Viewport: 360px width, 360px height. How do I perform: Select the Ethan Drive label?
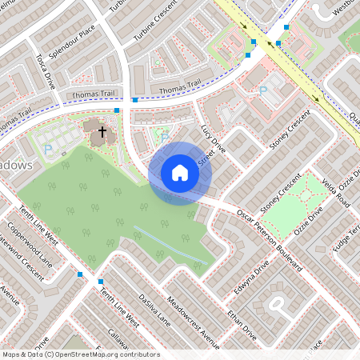click(241, 319)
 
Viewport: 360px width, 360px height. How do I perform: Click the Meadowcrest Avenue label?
click(192, 321)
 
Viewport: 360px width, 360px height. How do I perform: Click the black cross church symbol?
click(102, 130)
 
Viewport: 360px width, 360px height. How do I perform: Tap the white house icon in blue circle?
click(180, 173)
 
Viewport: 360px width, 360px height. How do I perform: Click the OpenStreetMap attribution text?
click(80, 354)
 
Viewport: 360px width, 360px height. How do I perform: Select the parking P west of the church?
click(47, 149)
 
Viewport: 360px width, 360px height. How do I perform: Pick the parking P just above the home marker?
click(165, 137)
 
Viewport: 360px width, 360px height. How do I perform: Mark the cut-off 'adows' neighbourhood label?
click(16, 165)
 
